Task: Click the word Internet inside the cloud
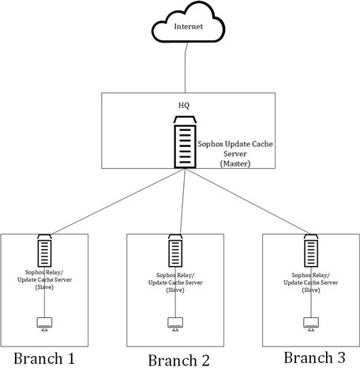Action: [x=189, y=27]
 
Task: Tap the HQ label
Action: [x=184, y=106]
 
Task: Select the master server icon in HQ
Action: [x=185, y=142]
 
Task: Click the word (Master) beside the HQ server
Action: [x=235, y=163]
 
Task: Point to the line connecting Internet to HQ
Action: [x=186, y=68]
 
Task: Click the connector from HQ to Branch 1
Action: [x=118, y=202]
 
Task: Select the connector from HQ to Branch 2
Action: [x=182, y=202]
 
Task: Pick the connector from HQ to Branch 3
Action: [x=248, y=202]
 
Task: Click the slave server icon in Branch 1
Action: [x=44, y=250]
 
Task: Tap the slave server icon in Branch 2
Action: [x=175, y=250]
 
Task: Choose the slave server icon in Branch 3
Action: [x=311, y=250]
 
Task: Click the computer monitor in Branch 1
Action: [x=44, y=324]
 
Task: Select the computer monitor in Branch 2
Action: [x=175, y=324]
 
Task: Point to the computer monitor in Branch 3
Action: [x=311, y=324]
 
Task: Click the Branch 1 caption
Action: [x=44, y=358]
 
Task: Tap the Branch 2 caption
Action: [x=178, y=361]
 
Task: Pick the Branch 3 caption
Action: [x=314, y=357]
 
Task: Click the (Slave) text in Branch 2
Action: [x=175, y=290]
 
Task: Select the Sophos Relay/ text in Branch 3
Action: [x=311, y=275]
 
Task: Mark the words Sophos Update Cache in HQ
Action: [x=235, y=144]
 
